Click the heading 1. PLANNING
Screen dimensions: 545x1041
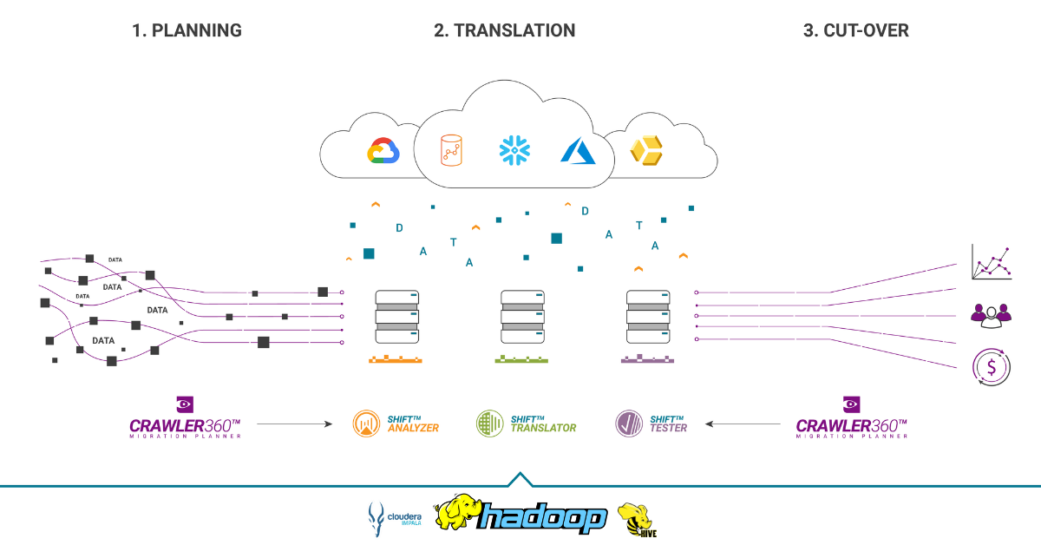tap(187, 30)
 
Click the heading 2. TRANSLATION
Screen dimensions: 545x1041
tap(504, 30)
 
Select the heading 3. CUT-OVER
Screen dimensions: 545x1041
tap(855, 30)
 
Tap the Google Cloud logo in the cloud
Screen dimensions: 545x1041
tap(383, 151)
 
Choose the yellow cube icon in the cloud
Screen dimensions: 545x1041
tap(645, 151)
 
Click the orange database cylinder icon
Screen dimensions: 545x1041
tap(449, 150)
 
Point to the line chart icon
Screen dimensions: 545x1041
tap(992, 261)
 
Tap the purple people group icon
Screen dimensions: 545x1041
tap(991, 314)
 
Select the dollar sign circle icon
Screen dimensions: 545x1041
tap(991, 365)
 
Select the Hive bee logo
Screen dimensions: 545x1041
tap(637, 519)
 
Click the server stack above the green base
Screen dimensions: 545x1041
tap(523, 318)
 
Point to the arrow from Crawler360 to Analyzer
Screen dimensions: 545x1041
tap(295, 424)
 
